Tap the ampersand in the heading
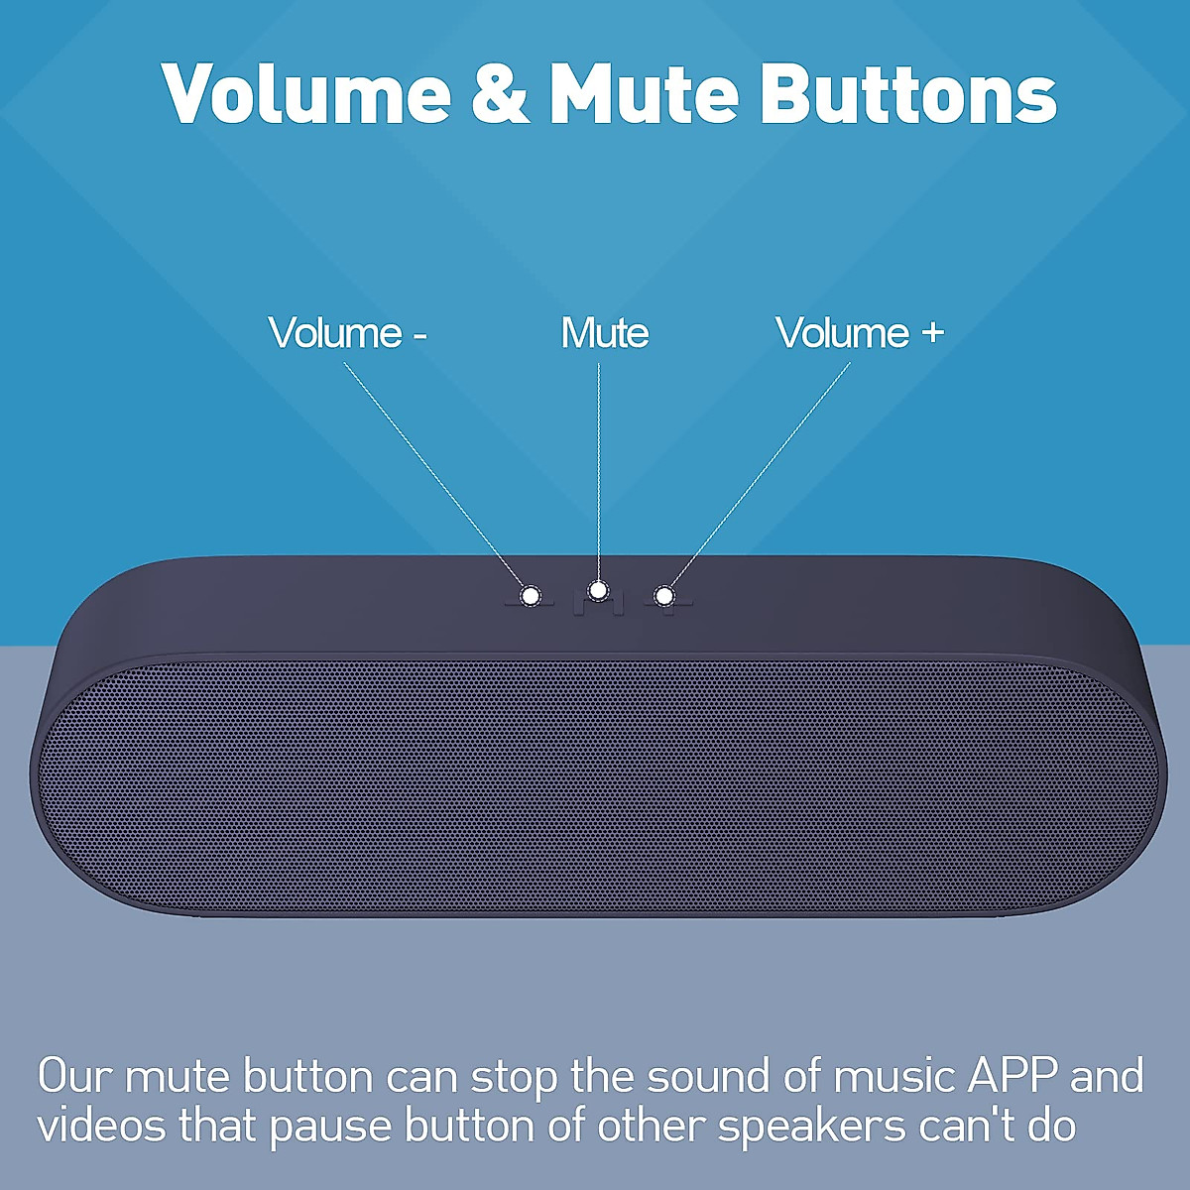coord(501,93)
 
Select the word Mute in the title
coord(645,93)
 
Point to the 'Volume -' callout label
coord(347,333)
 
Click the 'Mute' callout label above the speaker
coord(605,333)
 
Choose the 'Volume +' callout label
coord(859,333)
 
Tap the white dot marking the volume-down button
coord(532,596)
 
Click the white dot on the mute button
coord(598,591)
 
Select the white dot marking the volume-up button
coord(664,596)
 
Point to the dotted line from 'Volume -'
coord(436,476)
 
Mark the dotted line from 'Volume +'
coord(759,476)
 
